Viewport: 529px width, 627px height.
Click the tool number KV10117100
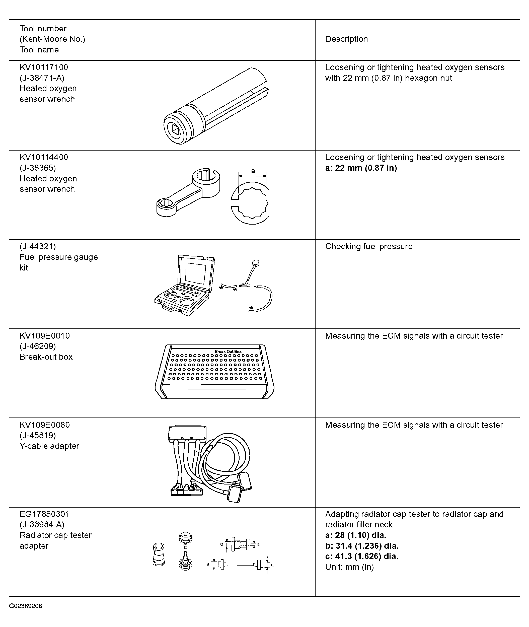coord(44,67)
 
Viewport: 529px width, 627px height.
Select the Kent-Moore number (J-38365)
coord(38,168)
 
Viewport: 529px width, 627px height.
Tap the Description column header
coord(346,39)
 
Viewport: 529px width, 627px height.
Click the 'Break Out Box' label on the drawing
coord(228,352)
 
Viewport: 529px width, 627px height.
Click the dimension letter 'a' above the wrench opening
coord(253,171)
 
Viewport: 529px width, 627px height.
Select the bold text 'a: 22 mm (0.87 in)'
coord(361,168)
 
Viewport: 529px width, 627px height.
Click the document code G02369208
coord(26,606)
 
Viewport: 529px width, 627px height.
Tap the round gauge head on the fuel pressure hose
coord(256,263)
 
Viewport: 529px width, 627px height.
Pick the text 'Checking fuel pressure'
coord(369,247)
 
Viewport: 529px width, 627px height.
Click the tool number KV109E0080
coord(45,425)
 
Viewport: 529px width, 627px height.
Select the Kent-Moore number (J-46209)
coord(38,346)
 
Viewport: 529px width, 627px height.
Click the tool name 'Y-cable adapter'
coord(49,446)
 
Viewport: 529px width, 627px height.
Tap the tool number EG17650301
coord(44,514)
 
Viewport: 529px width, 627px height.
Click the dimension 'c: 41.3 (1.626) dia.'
coord(362,556)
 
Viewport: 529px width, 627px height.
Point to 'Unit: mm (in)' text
coord(350,567)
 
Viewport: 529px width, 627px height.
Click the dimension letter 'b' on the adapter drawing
coord(259,544)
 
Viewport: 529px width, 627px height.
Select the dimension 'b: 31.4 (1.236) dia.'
coord(362,546)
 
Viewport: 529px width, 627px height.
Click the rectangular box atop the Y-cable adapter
coord(187,433)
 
